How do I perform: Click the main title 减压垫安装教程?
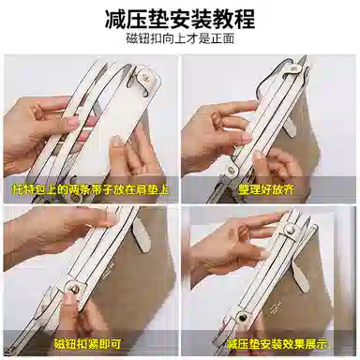click(x=180, y=20)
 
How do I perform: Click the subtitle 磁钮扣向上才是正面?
click(x=180, y=38)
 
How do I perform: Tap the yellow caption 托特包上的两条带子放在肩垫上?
click(x=91, y=190)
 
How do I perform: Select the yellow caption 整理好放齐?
click(x=266, y=189)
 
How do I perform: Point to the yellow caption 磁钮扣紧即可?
click(x=87, y=344)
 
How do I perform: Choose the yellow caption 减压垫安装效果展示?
click(x=277, y=344)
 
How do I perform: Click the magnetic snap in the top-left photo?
click(x=145, y=77)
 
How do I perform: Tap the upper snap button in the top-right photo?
click(x=293, y=68)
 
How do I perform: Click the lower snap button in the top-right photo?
click(x=232, y=169)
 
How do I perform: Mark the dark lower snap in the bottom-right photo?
click(x=241, y=318)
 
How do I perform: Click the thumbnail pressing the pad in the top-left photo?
click(x=116, y=142)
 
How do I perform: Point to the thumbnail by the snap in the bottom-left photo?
click(x=68, y=300)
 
